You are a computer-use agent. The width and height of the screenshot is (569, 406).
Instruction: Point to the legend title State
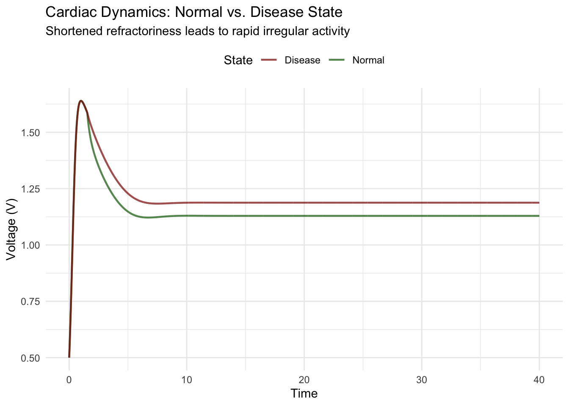238,60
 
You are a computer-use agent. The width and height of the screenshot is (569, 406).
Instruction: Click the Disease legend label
302,60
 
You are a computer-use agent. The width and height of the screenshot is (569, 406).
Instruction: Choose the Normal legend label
368,60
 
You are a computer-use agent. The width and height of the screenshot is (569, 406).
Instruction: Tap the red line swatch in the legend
268,60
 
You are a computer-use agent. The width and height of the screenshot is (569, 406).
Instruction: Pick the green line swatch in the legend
336,60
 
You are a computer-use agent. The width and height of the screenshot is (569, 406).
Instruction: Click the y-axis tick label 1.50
30,133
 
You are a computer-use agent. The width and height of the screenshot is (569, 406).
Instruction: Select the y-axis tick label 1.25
30,189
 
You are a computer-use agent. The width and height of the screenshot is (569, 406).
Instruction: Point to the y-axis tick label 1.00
30,245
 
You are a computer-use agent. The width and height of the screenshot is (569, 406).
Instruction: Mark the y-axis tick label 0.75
30,302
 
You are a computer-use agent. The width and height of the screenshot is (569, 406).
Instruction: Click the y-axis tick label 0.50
30,358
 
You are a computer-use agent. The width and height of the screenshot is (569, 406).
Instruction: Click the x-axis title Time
304,394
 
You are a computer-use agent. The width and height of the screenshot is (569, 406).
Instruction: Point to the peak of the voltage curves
81,101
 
